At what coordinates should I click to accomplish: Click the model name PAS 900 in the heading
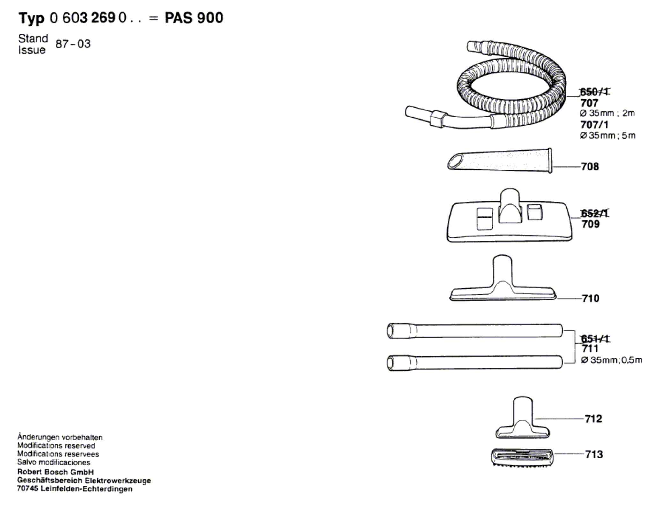pos(194,18)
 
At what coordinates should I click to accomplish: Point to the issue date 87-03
pos(73,44)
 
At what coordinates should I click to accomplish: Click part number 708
pos(590,167)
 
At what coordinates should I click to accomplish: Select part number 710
pos(590,299)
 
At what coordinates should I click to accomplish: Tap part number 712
pos(593,419)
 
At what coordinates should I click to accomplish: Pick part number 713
pos(594,454)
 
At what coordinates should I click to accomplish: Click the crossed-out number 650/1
pos(593,92)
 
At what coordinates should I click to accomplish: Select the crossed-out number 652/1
pos(594,213)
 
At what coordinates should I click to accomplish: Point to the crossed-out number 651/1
pos(595,338)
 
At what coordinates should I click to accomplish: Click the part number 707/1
pos(594,125)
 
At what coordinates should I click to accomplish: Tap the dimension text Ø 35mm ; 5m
pos(607,136)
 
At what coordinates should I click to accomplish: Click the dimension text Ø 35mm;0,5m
pos(611,360)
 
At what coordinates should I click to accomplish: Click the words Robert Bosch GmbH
pos(56,472)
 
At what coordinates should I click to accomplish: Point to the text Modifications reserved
pos(56,445)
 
